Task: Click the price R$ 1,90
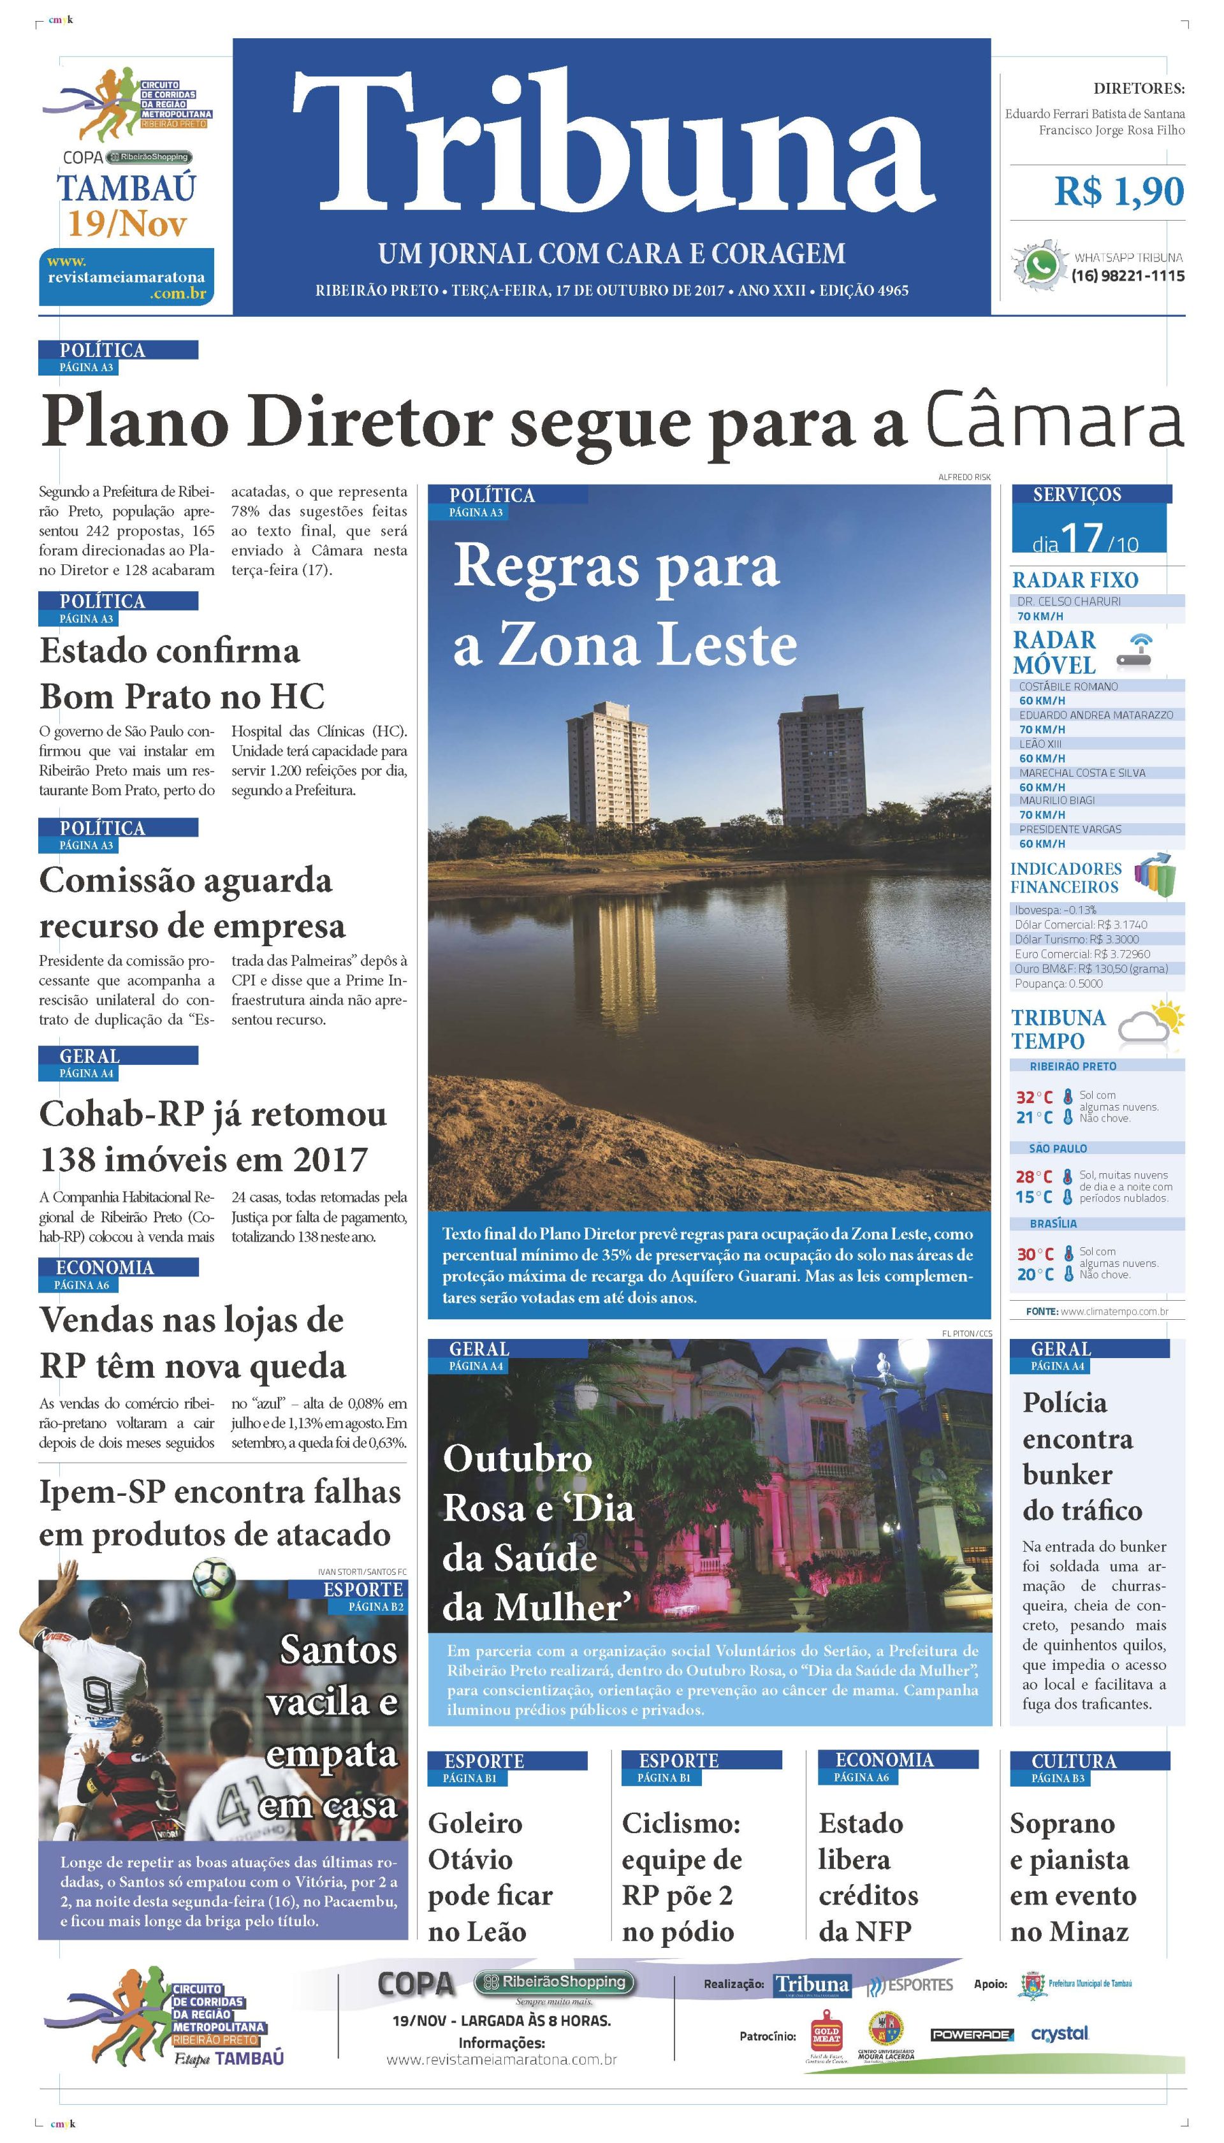tap(1119, 192)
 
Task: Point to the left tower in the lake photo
tap(607, 764)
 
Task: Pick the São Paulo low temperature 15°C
tap(1033, 1196)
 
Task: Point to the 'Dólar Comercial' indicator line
tap(1081, 925)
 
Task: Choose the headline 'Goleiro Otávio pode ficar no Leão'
tap(490, 1876)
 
